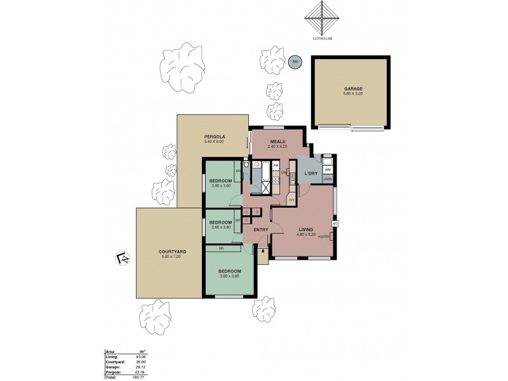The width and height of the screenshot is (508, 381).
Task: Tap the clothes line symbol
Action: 323,20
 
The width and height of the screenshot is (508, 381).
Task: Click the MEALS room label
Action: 277,141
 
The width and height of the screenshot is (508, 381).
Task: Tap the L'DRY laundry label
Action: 311,173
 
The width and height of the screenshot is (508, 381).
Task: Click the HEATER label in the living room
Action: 323,237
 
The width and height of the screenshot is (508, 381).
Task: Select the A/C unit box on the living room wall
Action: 335,224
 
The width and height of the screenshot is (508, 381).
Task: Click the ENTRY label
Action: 260,229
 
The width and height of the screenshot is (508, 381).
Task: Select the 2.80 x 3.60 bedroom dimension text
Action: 220,185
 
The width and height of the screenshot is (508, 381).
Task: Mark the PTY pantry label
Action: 291,200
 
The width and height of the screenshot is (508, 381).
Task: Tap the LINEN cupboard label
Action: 328,180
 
